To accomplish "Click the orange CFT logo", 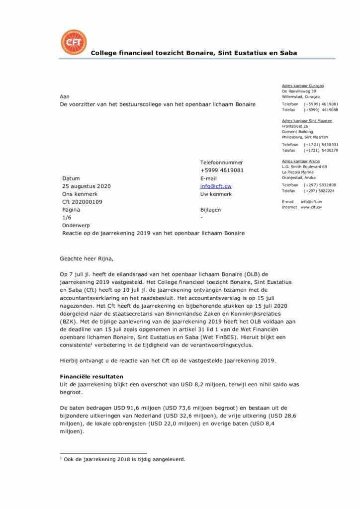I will click(73, 43).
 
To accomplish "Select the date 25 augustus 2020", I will click(87, 186).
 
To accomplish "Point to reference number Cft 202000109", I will click(82, 202).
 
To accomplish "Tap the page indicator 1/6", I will click(67, 217).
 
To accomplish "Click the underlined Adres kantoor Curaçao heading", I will click(302, 85).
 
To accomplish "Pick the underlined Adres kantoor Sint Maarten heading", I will click(307, 121).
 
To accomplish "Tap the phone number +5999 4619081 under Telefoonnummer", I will click(222, 170).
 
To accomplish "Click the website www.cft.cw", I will click(311, 207).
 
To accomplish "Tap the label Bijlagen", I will click(210, 210).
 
